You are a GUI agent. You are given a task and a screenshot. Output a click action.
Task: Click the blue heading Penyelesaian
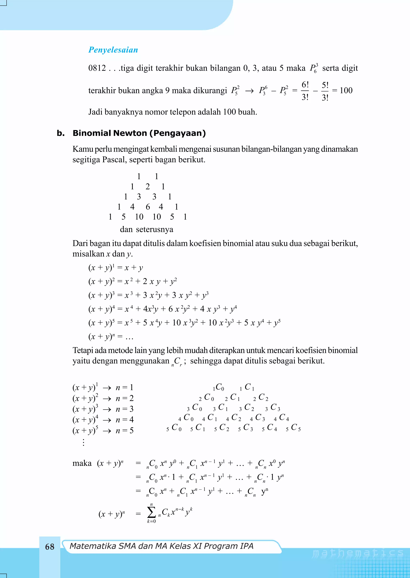113,50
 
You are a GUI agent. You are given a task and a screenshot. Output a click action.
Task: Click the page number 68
50,547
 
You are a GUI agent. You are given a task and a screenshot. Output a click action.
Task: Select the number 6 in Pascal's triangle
148,207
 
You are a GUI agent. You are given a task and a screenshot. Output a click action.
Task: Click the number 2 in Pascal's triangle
148,187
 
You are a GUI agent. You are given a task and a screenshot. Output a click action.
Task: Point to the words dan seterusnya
146,229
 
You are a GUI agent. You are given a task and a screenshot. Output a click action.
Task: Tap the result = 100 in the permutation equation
343,90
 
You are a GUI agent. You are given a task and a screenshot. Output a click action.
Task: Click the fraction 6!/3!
305,91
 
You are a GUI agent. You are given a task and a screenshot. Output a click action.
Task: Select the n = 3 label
125,409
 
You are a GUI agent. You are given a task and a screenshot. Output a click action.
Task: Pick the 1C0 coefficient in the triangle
218,387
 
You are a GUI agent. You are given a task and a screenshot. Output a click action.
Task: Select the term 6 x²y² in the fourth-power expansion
179,309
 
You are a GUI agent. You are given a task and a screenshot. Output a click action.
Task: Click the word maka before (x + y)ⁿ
82,463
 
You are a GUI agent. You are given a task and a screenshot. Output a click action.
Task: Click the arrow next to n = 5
107,431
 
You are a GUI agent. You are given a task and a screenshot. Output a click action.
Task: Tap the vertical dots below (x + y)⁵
83,442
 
